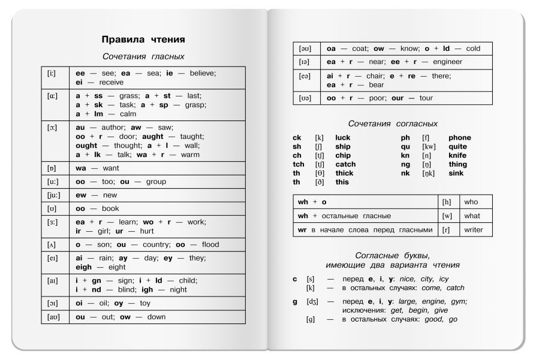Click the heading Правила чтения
click(143, 40)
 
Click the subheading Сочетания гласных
click(143, 56)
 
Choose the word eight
click(116, 267)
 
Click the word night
click(178, 289)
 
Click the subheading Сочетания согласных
click(393, 123)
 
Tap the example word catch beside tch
click(345, 164)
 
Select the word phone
click(459, 138)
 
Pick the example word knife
click(457, 155)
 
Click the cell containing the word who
click(471, 202)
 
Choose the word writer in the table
click(473, 230)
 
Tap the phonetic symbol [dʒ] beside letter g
click(311, 302)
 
